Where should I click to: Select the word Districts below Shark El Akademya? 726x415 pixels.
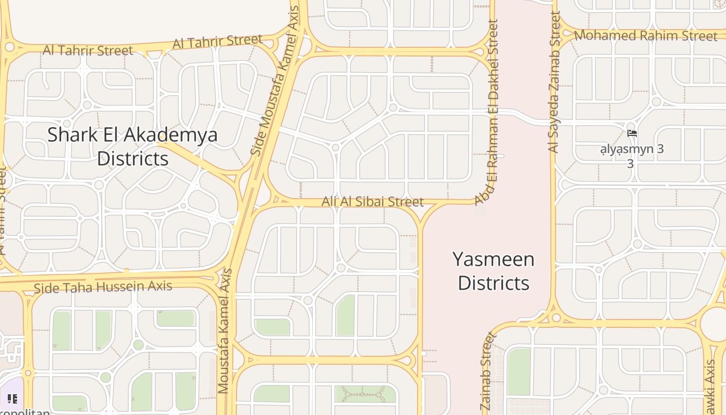point(133,158)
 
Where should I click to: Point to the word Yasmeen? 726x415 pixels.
point(493,259)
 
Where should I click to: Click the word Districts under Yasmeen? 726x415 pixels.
point(493,283)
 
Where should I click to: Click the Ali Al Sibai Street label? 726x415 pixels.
point(372,201)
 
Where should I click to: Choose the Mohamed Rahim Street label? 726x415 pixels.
point(646,36)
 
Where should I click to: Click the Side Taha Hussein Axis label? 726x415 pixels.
point(103,286)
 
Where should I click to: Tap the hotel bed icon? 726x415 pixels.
point(632,133)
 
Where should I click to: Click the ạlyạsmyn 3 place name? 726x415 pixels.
point(631,149)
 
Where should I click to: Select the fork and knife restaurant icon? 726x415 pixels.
point(12,399)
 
